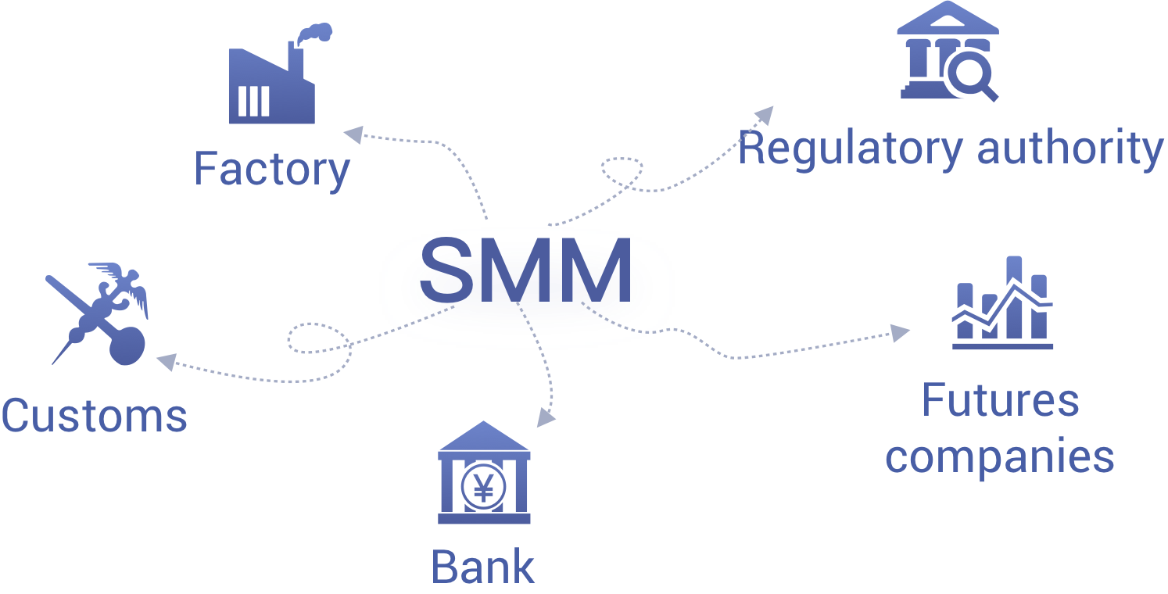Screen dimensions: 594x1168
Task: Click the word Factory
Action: [x=271, y=170]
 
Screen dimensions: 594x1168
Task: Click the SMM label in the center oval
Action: [x=525, y=270]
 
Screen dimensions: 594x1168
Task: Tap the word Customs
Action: [x=94, y=415]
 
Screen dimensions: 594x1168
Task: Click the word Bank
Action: [x=482, y=567]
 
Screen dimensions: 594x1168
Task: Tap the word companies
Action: [x=999, y=456]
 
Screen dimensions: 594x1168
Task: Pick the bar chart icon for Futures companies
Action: [x=1002, y=305]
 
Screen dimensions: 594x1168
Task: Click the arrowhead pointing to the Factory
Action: [x=354, y=134]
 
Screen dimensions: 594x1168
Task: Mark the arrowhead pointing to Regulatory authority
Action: [x=764, y=116]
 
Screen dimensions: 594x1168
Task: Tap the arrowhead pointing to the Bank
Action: [x=546, y=417]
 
